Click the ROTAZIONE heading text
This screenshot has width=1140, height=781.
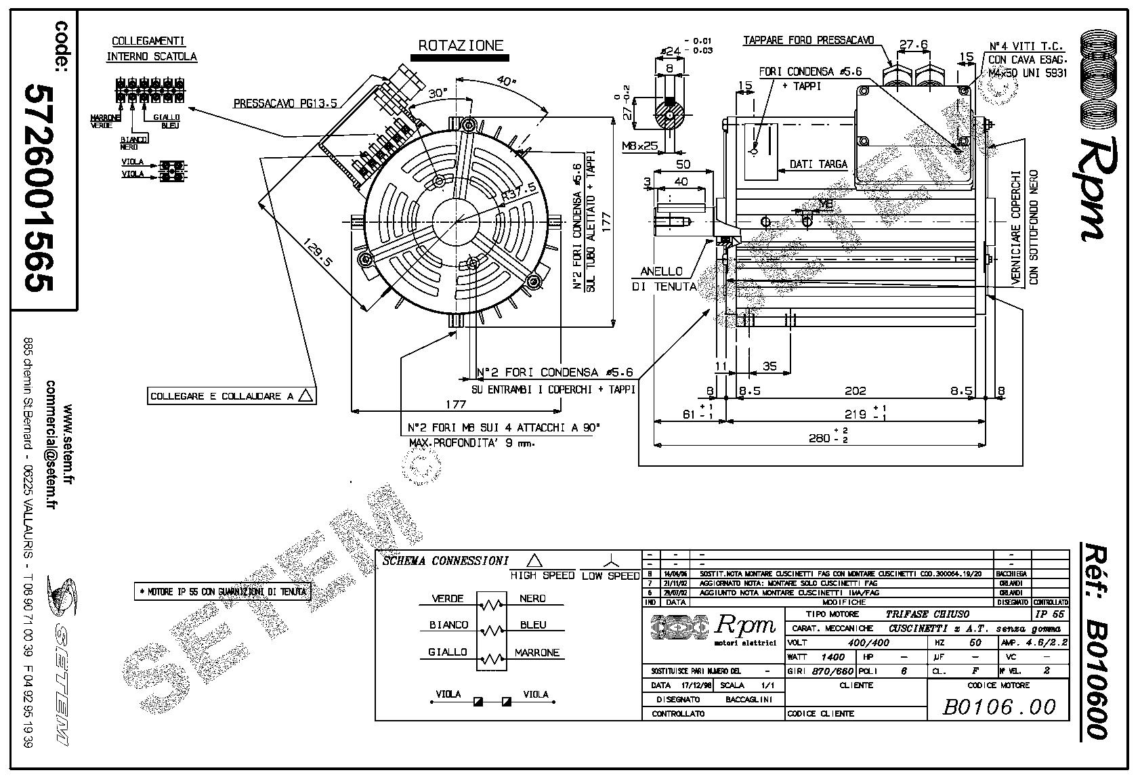pos(461,46)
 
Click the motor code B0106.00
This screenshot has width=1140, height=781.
pos(999,707)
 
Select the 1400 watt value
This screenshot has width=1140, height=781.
pos(832,656)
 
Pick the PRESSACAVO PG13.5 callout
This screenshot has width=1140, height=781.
pos(284,104)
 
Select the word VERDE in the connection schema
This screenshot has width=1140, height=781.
pos(448,599)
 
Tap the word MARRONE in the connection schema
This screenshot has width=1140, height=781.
pos(537,653)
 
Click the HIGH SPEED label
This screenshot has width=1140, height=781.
pos(542,576)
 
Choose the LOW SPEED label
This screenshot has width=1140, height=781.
pos(610,576)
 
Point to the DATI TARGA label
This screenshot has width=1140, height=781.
pos(818,165)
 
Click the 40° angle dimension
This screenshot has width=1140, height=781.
pos(506,81)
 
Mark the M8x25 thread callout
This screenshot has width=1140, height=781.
pos(640,146)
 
